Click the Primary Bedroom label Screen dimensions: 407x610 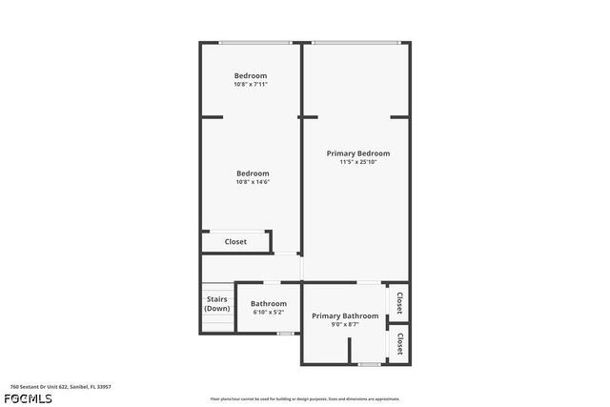[x=357, y=153]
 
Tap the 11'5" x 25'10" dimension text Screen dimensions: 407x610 [x=357, y=162]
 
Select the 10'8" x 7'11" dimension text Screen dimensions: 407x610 [x=251, y=84]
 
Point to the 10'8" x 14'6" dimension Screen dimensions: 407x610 [x=253, y=182]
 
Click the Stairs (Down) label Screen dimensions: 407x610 [x=217, y=304]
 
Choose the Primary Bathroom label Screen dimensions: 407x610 [x=345, y=315]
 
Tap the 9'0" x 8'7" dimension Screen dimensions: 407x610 [x=345, y=324]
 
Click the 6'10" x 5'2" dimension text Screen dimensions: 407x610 [x=269, y=312]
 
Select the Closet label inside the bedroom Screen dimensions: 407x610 [x=235, y=242]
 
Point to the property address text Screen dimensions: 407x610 [x=56, y=387]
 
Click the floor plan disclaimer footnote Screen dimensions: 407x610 [x=305, y=398]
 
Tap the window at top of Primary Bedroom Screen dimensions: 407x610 [x=356, y=42]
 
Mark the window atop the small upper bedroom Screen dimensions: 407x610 [x=254, y=42]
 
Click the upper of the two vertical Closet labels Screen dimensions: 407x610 [x=399, y=303]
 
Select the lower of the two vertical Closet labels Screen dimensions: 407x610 [x=399, y=344]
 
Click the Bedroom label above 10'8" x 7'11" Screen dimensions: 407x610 [x=251, y=75]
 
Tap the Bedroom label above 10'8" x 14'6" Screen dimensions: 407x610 [x=253, y=173]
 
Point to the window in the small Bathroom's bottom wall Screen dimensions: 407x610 [x=284, y=333]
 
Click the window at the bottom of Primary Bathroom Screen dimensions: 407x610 [x=370, y=364]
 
